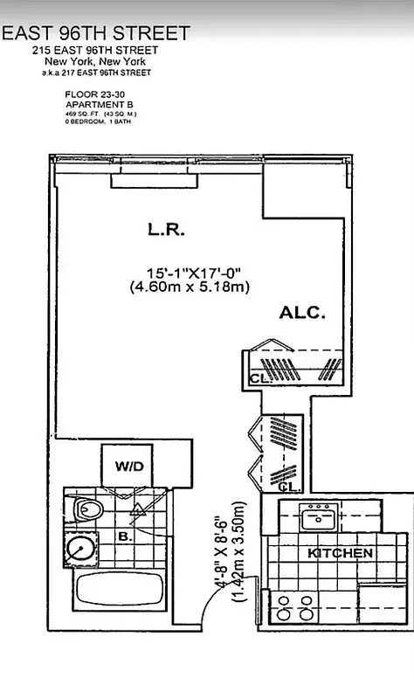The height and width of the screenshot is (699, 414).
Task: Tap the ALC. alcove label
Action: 303,313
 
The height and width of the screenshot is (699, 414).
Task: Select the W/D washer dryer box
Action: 128,466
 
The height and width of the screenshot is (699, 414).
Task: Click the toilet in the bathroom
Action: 89,509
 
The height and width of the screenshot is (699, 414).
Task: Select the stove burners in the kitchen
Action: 296,606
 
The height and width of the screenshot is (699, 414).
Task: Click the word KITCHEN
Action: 340,553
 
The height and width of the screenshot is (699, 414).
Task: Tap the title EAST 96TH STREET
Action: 96,33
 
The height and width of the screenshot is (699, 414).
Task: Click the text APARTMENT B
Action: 93,104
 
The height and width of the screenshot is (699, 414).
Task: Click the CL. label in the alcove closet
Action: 259,379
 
